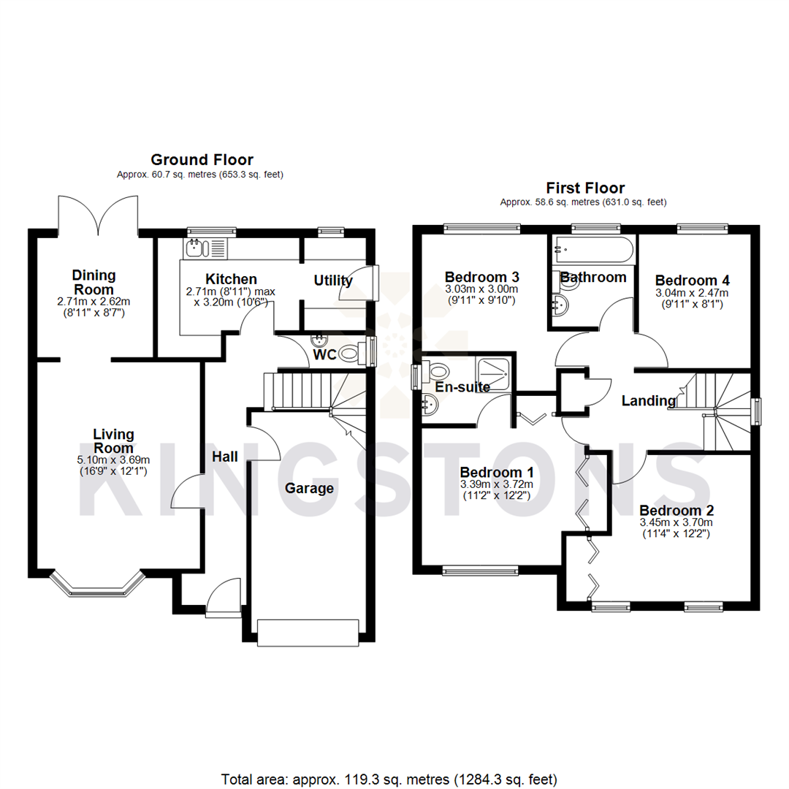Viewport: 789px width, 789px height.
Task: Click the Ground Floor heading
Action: coord(202,159)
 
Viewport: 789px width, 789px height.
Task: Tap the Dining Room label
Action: coord(94,282)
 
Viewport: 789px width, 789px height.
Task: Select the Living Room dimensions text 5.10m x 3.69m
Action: coord(113,460)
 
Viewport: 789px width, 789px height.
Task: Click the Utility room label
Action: coord(333,281)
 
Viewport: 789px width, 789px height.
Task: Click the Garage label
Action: coord(309,488)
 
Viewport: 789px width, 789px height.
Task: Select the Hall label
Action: coord(225,457)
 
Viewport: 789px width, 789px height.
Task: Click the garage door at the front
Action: coord(308,632)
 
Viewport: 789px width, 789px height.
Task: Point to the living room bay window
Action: coord(97,582)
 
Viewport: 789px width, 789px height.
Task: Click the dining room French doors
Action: coord(97,212)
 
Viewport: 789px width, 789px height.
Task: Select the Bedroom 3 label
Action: coord(481,277)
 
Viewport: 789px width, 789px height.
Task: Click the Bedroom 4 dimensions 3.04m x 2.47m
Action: coord(692,292)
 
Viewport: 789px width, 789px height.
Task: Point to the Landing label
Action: coord(649,400)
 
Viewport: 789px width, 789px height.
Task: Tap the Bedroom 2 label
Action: coord(676,510)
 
